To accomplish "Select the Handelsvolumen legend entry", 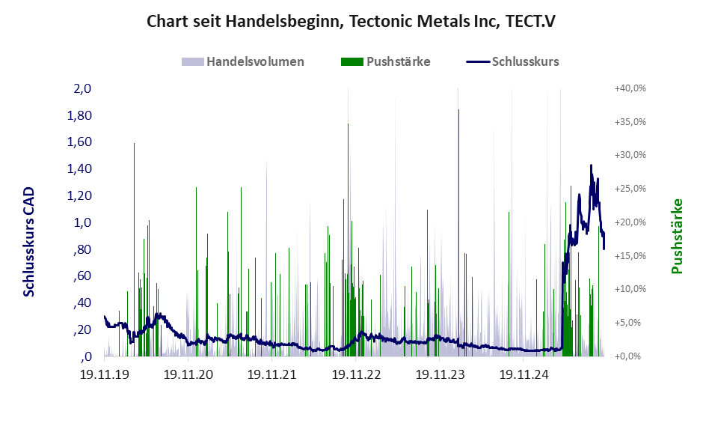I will (x=243, y=61).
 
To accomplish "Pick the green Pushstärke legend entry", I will (x=385, y=61).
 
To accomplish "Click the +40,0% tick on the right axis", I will (x=629, y=88).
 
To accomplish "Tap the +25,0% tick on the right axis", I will (x=629, y=189).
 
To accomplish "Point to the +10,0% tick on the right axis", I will (x=629, y=289).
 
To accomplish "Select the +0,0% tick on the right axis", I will (x=630, y=356).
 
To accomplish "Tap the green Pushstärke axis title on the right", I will (x=677, y=236).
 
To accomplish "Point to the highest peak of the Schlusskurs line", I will (x=591, y=165).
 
